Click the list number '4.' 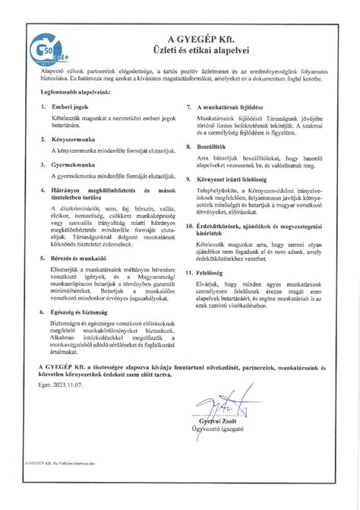pos(44,188)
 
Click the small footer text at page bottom pos(58,461)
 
